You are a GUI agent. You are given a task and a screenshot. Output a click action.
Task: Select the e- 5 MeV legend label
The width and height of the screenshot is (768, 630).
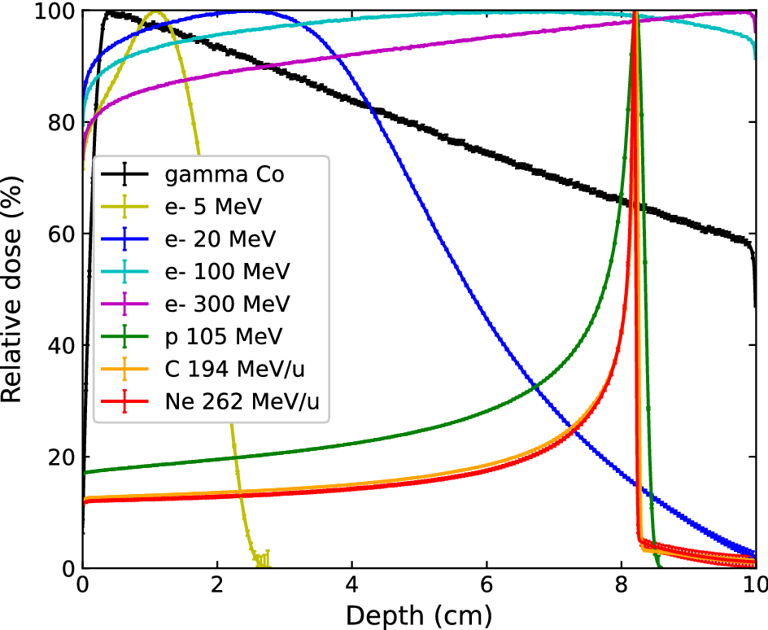(213, 208)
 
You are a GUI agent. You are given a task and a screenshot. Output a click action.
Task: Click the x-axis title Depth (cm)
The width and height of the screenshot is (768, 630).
(418, 615)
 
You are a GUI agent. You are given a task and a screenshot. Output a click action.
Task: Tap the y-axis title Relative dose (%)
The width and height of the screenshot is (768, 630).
(14, 289)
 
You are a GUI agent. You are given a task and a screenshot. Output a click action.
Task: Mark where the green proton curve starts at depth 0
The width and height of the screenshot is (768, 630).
(84, 472)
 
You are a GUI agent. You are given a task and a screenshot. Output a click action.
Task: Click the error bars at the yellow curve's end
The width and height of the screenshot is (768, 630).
(263, 559)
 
